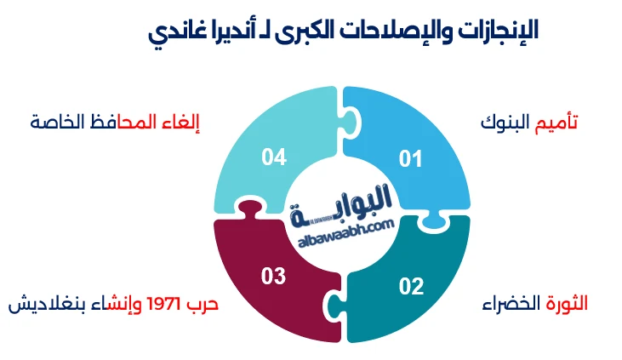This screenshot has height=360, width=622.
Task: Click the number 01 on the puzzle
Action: point(411,157)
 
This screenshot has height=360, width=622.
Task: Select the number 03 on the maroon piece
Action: point(274,276)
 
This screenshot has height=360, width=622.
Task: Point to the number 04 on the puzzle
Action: point(274,157)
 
